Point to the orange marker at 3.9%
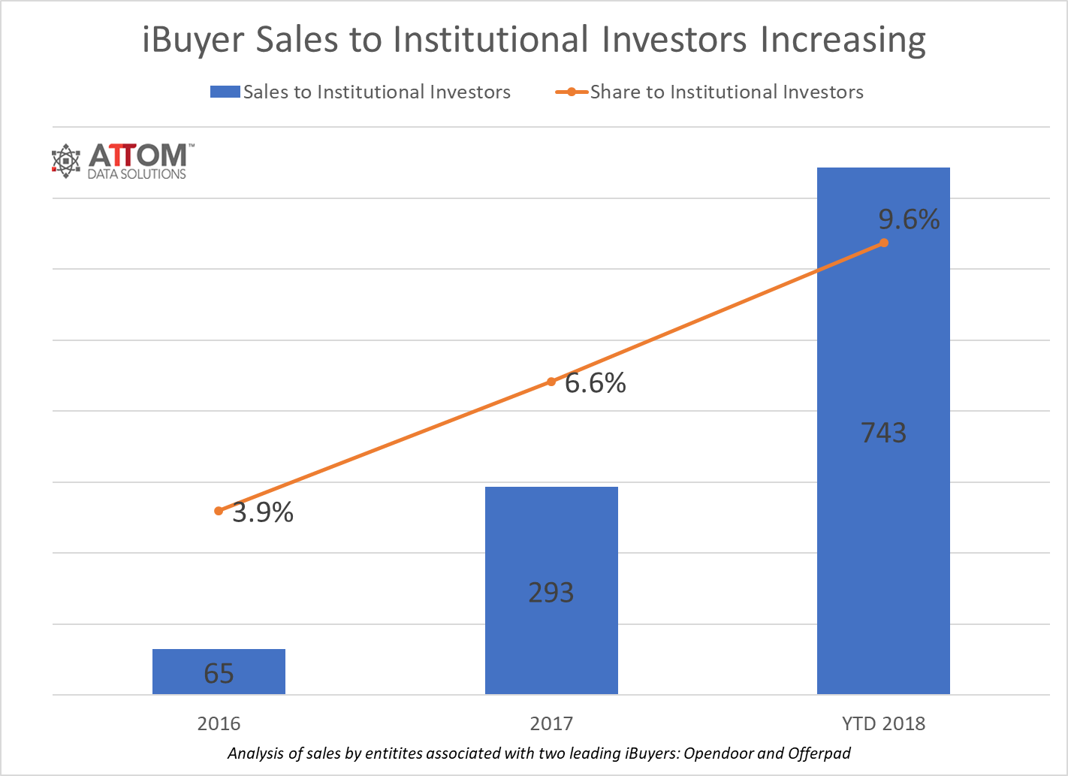[x=219, y=511]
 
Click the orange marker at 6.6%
[x=551, y=382]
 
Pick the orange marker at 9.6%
[x=884, y=243]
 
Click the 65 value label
[x=219, y=674]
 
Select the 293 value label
[x=551, y=593]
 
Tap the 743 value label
[x=883, y=433]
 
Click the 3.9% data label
[x=263, y=512]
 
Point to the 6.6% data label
[x=596, y=383]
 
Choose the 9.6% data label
[x=909, y=219]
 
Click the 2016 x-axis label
[x=219, y=723]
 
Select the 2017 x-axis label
[x=551, y=723]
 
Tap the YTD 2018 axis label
[x=883, y=723]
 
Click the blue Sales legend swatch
[x=225, y=92]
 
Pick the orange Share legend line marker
[x=572, y=92]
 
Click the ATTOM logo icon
[x=66, y=161]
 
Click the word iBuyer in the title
[x=195, y=40]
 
